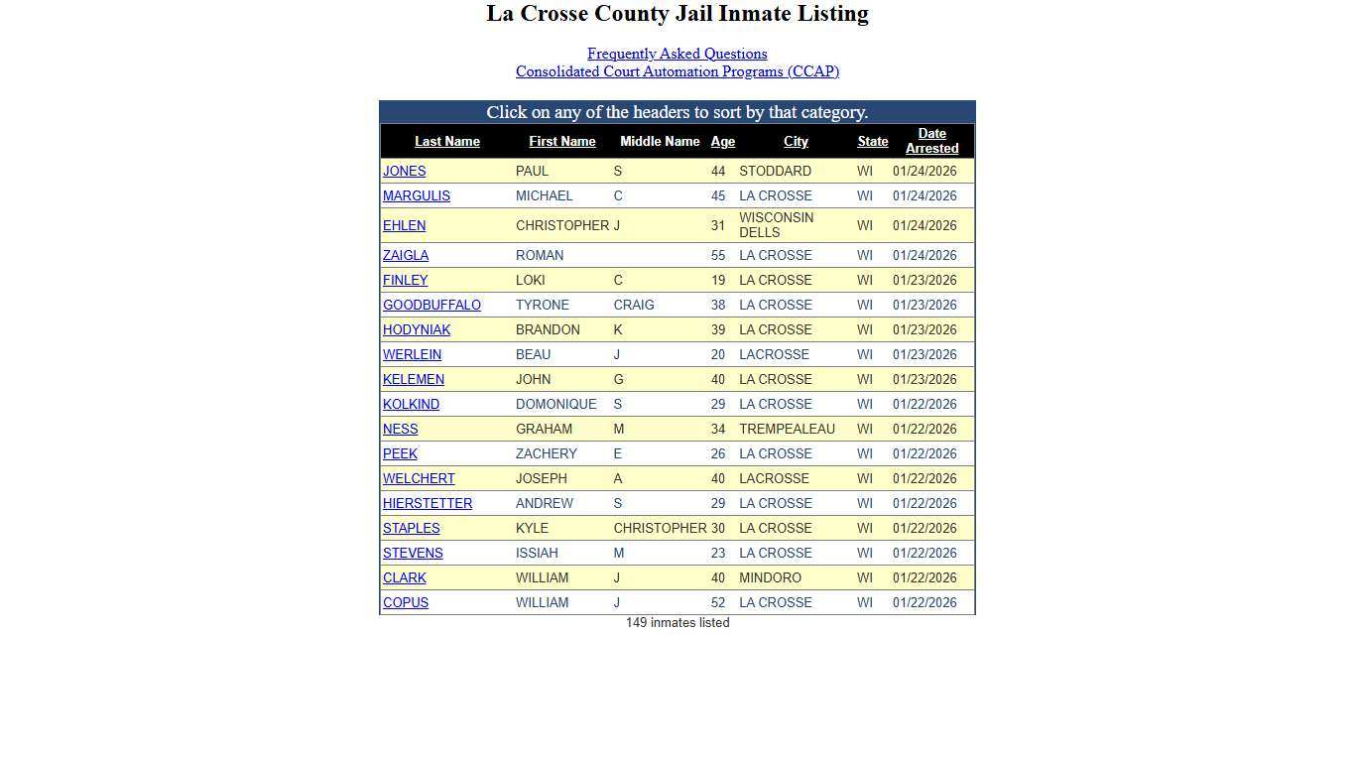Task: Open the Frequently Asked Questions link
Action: click(677, 54)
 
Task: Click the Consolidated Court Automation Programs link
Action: click(677, 71)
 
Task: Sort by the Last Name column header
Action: click(446, 142)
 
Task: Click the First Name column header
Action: click(561, 142)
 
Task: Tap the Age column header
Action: click(722, 142)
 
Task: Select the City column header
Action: click(796, 142)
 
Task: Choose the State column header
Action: click(872, 142)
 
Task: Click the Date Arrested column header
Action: click(931, 141)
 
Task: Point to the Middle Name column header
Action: click(660, 141)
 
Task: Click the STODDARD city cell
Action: click(775, 172)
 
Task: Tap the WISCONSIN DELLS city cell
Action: click(776, 225)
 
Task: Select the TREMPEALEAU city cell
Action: click(787, 430)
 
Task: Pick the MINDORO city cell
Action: click(770, 578)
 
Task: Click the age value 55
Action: click(717, 256)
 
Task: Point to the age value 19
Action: click(717, 281)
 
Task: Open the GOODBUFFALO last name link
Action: click(431, 306)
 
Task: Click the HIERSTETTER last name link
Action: click(428, 504)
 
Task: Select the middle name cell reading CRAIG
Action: click(634, 306)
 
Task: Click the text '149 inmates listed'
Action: click(677, 623)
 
